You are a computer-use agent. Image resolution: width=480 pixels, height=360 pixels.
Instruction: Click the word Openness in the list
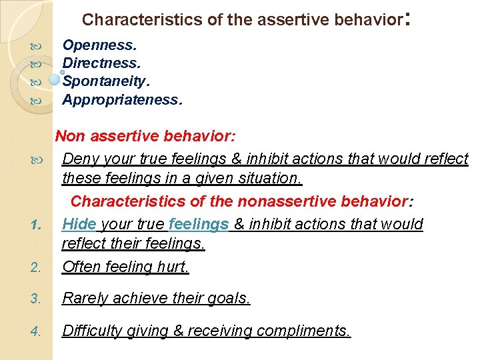(97, 45)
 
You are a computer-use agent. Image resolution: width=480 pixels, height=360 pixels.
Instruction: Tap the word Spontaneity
(105, 81)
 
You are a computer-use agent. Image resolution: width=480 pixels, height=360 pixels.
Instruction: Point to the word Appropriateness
(120, 100)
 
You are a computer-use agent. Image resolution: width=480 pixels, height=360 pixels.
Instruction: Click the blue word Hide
(79, 225)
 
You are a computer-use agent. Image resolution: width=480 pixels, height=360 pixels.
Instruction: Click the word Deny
(79, 159)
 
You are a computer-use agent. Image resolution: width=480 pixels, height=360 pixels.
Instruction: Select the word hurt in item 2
(174, 267)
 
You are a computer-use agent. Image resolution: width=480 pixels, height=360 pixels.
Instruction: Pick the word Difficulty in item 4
(90, 331)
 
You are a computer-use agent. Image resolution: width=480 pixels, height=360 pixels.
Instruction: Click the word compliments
(303, 331)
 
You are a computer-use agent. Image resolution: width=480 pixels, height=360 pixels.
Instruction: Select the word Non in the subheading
(69, 137)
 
